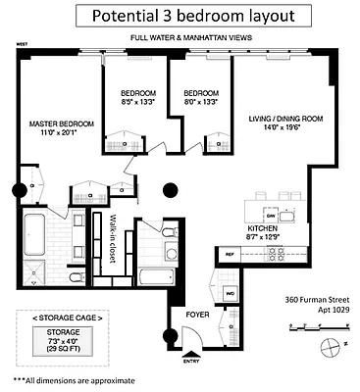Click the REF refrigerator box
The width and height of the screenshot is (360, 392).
pos(230,255)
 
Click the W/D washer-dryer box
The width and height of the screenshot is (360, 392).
pos(229,292)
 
